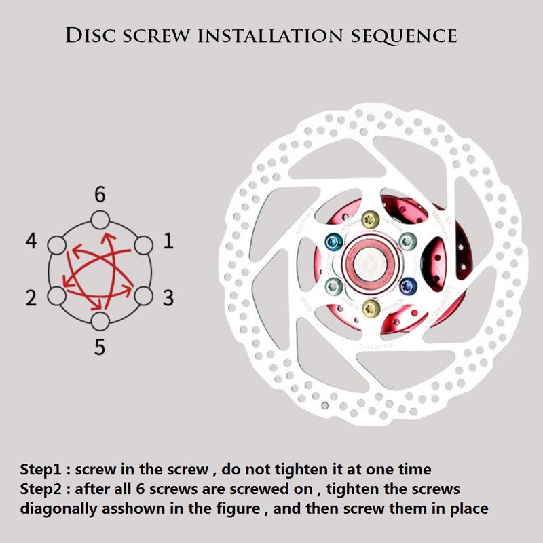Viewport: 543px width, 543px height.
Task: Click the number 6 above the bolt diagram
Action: coord(100,195)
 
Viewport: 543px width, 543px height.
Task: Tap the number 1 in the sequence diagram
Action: coord(168,242)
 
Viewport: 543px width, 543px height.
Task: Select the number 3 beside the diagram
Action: coord(168,297)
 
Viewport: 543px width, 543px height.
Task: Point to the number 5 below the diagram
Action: coord(100,348)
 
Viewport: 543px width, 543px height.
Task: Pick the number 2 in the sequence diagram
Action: coord(31,297)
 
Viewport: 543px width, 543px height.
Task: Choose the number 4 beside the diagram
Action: coord(31,242)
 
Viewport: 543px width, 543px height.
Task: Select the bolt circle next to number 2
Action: coord(56,295)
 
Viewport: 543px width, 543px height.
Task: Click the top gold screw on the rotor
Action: coord(370,219)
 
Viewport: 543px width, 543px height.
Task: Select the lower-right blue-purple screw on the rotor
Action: coord(408,285)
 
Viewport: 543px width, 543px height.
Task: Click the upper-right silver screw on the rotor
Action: coord(408,240)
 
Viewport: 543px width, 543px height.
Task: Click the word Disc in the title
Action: coord(90,35)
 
